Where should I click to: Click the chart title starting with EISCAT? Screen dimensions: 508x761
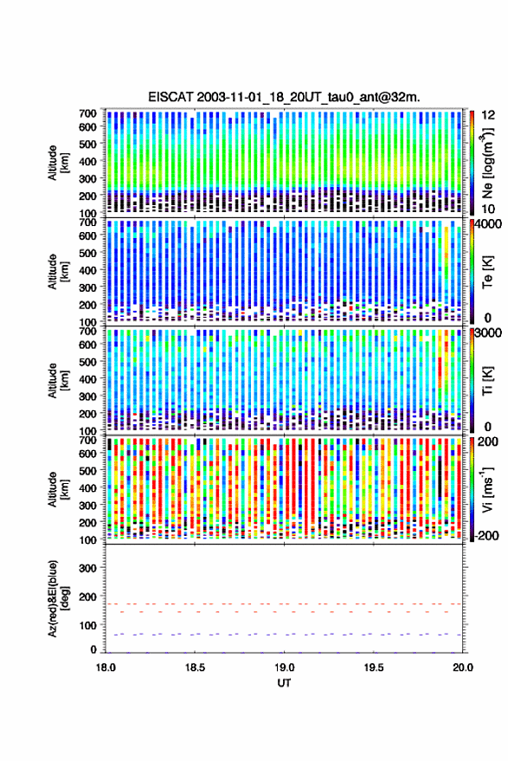[284, 97]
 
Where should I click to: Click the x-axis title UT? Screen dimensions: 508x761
[284, 683]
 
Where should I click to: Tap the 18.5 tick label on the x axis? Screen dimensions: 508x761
[195, 667]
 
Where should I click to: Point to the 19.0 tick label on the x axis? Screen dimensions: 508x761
[285, 667]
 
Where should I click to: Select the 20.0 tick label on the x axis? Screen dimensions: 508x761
[463, 667]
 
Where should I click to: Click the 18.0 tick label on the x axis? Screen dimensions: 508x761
[106, 667]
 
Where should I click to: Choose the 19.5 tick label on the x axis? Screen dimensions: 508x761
[374, 667]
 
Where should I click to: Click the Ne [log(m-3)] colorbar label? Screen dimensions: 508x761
[486, 163]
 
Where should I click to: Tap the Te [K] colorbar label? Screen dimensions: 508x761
[487, 272]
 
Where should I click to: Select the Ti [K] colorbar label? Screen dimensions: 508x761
[487, 381]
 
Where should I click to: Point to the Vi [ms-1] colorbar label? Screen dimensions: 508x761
[486, 489]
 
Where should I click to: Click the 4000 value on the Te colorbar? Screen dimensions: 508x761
[489, 224]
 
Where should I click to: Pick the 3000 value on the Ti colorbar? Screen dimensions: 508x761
[489, 333]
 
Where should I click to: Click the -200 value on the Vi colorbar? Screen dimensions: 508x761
[486, 536]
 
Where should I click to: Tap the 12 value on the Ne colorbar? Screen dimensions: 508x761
[489, 115]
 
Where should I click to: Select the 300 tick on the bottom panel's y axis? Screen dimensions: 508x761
[87, 568]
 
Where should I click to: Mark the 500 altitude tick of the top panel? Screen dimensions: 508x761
[87, 144]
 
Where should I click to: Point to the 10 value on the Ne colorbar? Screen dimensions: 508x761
[489, 209]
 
